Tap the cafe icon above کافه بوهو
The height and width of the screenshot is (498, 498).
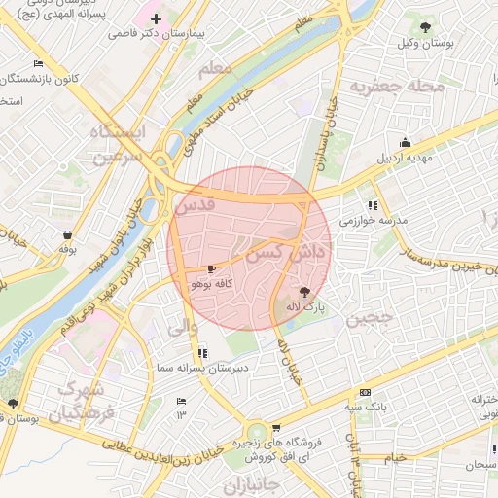[x=212, y=268]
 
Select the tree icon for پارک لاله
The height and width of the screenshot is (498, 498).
[x=304, y=291]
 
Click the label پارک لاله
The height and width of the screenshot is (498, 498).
[x=304, y=307]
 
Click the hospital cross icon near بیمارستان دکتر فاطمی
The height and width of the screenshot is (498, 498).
[x=157, y=18]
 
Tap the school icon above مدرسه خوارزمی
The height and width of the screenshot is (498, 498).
[x=373, y=205]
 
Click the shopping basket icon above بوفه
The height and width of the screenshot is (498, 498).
[x=67, y=234]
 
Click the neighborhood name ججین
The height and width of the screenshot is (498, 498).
[x=371, y=317]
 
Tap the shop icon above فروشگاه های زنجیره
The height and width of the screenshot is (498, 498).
[x=277, y=428]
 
